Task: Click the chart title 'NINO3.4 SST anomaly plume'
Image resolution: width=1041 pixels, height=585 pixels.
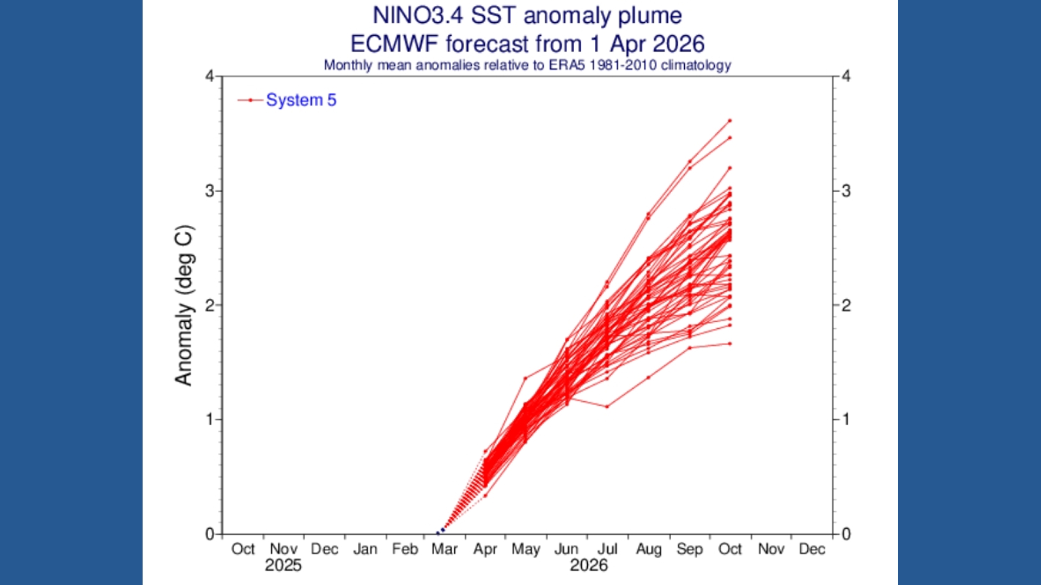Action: (527, 15)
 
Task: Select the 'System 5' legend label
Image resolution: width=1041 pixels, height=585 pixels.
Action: (301, 100)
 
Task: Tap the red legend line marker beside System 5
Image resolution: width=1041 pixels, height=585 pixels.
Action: (250, 100)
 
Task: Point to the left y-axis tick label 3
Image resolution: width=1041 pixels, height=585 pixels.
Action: (209, 191)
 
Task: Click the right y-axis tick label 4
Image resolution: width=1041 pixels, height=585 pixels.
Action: (846, 76)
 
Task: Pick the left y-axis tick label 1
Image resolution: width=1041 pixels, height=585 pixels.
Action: (209, 419)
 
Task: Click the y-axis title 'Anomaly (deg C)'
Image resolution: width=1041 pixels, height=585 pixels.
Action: (183, 305)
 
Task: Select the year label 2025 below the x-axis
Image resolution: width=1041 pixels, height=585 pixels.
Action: (283, 565)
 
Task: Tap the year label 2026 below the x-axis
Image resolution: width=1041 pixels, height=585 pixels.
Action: (588, 565)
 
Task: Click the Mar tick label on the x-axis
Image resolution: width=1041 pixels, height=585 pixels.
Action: (445, 549)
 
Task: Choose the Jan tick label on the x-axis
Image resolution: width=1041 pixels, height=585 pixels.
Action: (365, 549)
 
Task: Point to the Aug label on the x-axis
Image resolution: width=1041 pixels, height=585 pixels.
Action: (648, 549)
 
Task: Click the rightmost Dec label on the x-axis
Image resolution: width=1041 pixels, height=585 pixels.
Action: (812, 549)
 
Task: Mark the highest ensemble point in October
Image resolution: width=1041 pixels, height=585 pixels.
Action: (730, 120)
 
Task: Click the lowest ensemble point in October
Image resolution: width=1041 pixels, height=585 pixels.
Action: (730, 343)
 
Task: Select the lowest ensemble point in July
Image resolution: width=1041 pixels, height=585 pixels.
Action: (607, 406)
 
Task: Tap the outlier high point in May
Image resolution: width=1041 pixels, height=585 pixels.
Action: (525, 378)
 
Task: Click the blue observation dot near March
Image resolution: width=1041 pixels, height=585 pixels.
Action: (442, 530)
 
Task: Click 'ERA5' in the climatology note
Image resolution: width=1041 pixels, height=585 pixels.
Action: (567, 65)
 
